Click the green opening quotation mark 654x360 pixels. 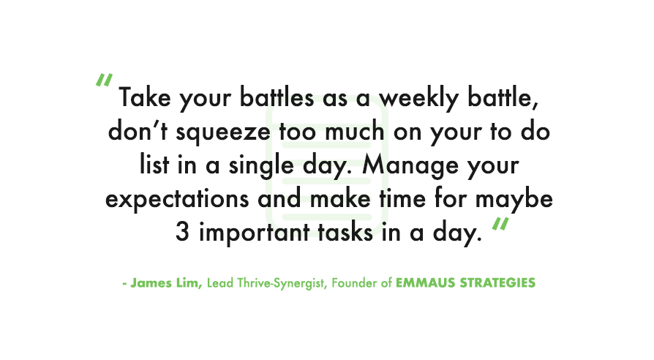click(104, 80)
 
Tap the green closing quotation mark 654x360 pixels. click(500, 224)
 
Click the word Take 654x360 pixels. click(145, 97)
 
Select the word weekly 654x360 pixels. click(418, 99)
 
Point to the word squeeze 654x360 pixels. click(223, 132)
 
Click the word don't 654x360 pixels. click(138, 131)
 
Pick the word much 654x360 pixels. click(355, 131)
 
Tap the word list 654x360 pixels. click(154, 165)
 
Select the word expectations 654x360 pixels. click(177, 200)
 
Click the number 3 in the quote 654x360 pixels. click(182, 232)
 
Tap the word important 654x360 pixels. click(255, 233)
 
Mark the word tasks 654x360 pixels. click(345, 232)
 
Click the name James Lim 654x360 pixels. click(166, 283)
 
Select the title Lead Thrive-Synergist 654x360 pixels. click(267, 283)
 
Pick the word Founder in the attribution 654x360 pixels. click(355, 283)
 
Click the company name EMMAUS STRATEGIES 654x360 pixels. click(465, 283)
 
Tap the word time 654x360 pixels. click(402, 198)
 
